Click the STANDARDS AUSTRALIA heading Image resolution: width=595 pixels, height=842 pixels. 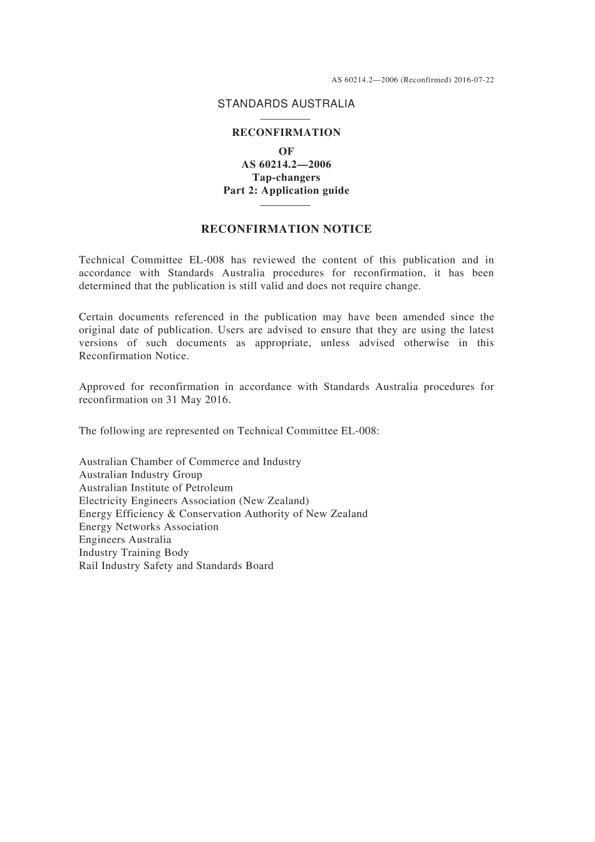[x=286, y=104]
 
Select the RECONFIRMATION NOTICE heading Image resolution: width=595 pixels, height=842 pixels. [x=286, y=229]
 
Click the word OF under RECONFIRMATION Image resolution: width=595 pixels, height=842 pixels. [x=286, y=151]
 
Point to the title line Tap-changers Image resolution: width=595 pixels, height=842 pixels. [x=286, y=177]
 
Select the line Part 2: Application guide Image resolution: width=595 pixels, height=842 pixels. [x=286, y=190]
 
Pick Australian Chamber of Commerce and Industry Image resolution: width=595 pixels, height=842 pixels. [x=190, y=461]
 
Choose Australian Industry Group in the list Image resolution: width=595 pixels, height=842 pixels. [x=140, y=475]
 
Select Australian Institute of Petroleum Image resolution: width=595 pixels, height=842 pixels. [x=156, y=488]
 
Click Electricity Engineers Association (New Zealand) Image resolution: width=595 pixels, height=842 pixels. [x=194, y=501]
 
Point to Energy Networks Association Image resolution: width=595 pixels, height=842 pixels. [x=148, y=526]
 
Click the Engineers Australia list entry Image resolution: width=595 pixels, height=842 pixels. [x=125, y=540]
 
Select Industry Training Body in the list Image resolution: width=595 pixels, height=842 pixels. [x=134, y=553]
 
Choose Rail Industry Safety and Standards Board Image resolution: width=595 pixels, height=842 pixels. [x=176, y=566]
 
